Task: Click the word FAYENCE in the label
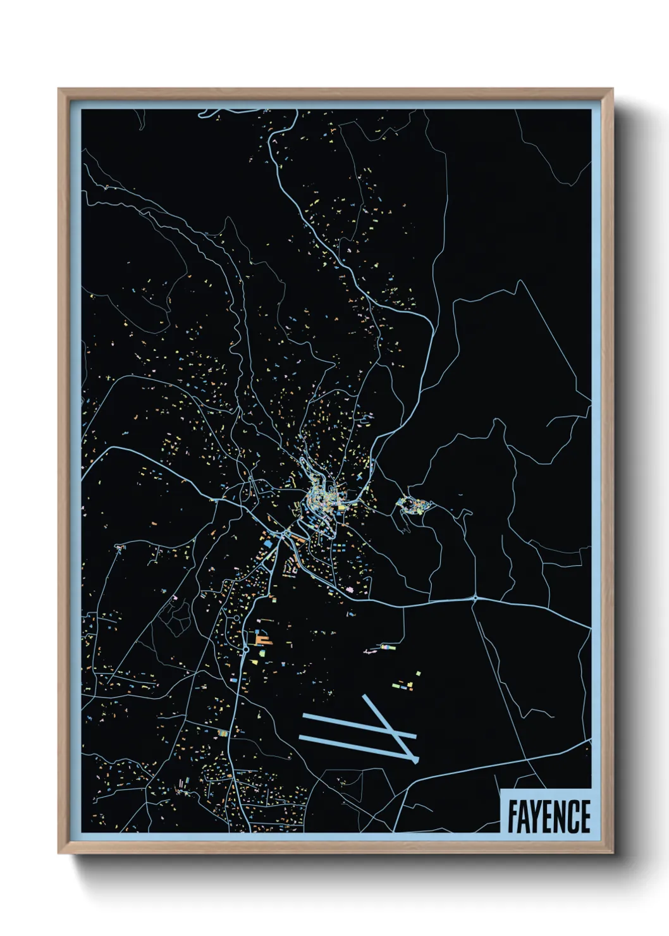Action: pos(548,816)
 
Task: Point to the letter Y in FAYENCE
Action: pos(537,816)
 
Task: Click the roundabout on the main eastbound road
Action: pos(475,598)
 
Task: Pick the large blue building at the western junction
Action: pos(268,543)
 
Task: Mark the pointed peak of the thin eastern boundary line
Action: pos(519,281)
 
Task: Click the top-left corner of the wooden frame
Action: pos(59,89)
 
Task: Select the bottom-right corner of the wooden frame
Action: pos(612,853)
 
